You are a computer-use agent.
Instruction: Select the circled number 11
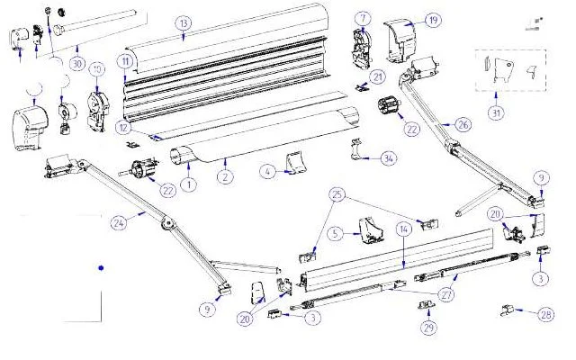pos(125,60)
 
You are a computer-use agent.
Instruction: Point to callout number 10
pos(96,69)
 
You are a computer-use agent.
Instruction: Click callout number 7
pos(362,18)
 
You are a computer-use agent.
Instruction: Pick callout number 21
pos(379,76)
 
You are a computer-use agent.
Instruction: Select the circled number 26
pos(463,125)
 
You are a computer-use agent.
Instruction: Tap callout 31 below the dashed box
pos(496,112)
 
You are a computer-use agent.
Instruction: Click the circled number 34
pos(388,159)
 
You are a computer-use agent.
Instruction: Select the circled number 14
pos(404,231)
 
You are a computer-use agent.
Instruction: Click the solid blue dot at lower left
pos(102,268)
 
